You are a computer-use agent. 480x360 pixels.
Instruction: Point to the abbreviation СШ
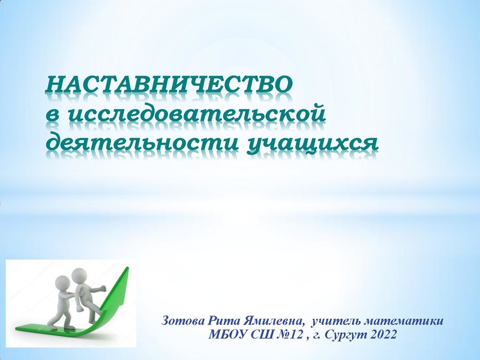258,334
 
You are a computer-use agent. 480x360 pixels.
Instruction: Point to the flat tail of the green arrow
27,328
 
